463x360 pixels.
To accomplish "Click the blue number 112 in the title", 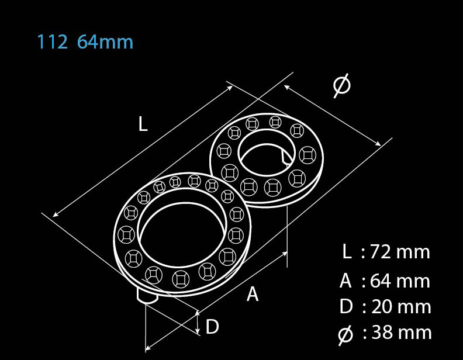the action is [x=52, y=42].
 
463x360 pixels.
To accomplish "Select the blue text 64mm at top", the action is [x=105, y=42].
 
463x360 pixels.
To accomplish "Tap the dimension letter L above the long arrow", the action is [x=143, y=124].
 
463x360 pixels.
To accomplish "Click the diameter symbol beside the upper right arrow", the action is [x=342, y=85].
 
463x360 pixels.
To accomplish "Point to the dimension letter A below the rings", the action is [x=253, y=294].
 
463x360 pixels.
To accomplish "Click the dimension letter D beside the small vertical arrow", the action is [x=212, y=326].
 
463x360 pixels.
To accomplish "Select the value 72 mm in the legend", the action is [x=400, y=252].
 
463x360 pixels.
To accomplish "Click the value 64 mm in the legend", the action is [x=400, y=281].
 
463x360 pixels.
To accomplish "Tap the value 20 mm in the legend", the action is [x=401, y=307].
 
